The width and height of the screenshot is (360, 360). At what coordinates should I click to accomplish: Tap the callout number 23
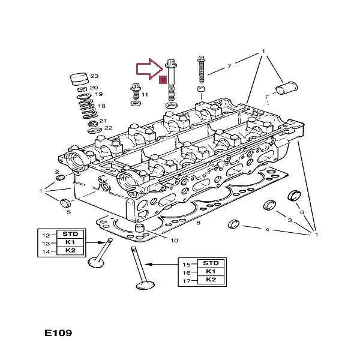pos(94,76)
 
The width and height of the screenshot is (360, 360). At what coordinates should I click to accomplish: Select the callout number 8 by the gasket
pos(197,223)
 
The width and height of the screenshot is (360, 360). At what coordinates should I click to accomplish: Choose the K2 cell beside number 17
pos(211,280)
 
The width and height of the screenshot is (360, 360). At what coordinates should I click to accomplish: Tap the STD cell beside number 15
pos(211,263)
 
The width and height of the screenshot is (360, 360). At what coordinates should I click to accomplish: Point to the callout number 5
pos(68,212)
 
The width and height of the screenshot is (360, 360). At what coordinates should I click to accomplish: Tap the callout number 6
pos(302,212)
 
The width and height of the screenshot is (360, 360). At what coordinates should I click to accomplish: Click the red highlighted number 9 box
pos(163,80)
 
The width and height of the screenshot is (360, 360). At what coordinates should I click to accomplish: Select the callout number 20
pos(94,88)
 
